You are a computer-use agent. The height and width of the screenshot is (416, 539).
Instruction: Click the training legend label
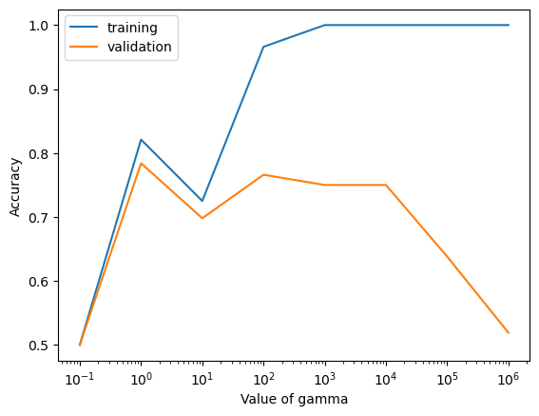pyautogui.click(x=132, y=28)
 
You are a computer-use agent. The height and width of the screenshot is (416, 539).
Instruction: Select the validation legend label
pyautogui.click(x=139, y=47)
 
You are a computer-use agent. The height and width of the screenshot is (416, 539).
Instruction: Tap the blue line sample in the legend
pyautogui.click(x=84, y=28)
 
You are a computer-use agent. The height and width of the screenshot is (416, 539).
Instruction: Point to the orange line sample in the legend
pyautogui.click(x=84, y=47)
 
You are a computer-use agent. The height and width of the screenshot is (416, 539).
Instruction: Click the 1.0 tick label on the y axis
pyautogui.click(x=38, y=26)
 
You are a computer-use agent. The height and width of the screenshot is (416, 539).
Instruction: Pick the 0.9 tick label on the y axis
pyautogui.click(x=38, y=89)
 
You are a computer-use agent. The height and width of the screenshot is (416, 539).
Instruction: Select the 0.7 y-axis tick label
pyautogui.click(x=38, y=218)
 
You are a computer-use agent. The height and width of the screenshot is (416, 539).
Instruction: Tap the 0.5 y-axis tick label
pyautogui.click(x=38, y=346)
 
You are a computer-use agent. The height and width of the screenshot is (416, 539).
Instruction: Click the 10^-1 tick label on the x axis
pyautogui.click(x=80, y=379)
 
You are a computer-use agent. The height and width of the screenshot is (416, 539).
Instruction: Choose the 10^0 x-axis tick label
pyautogui.click(x=141, y=379)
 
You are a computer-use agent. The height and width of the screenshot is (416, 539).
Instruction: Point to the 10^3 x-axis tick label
pyautogui.click(x=325, y=379)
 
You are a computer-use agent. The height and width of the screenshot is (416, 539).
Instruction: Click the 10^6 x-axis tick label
pyautogui.click(x=509, y=379)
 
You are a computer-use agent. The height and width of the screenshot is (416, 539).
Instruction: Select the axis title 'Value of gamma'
pyautogui.click(x=294, y=400)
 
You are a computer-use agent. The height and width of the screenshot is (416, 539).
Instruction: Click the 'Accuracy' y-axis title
pyautogui.click(x=15, y=187)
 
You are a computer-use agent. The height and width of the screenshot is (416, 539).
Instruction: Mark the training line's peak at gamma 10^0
pyautogui.click(x=141, y=140)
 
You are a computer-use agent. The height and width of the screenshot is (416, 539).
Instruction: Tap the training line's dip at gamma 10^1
pyautogui.click(x=202, y=201)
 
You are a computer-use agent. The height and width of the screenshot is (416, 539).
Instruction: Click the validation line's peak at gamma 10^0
pyautogui.click(x=141, y=163)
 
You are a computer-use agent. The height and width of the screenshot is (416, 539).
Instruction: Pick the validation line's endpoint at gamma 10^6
pyautogui.click(x=509, y=333)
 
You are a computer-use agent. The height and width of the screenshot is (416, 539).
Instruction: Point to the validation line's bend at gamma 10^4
pyautogui.click(x=386, y=185)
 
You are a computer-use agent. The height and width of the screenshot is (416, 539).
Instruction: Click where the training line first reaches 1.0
pyautogui.click(x=325, y=25)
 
